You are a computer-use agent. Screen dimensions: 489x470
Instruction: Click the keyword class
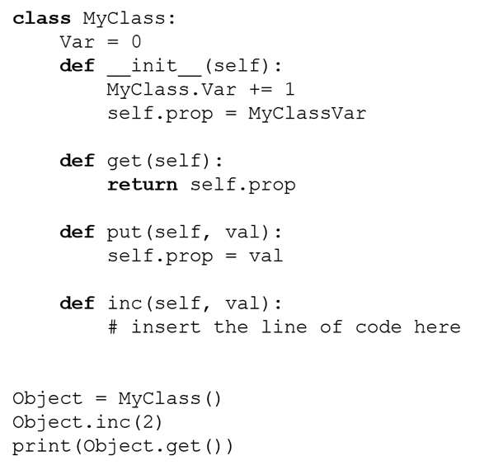[42, 18]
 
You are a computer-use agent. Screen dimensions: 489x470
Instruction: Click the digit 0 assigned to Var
[136, 42]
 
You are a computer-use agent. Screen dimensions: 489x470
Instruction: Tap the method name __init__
[155, 67]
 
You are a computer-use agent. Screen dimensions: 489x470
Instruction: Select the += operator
[261, 90]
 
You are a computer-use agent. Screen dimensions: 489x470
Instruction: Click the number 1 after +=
[289, 89]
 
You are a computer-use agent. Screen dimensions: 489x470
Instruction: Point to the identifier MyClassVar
[308, 114]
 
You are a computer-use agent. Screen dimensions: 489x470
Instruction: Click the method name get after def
[125, 162]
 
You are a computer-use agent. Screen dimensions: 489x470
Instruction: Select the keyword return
[143, 185]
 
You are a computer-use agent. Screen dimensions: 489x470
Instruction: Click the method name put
[125, 233]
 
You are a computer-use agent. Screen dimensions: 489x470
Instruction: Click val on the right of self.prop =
[266, 256]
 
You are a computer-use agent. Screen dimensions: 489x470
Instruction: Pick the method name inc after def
[125, 303]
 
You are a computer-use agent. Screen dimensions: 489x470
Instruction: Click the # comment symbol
[113, 327]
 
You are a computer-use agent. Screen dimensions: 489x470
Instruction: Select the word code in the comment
[379, 327]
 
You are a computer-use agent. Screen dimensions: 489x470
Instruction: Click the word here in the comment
[437, 327]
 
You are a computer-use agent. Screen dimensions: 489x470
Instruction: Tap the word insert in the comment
[166, 327]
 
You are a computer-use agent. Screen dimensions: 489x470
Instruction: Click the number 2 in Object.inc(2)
[148, 422]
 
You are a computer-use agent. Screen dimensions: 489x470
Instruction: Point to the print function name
[42, 447]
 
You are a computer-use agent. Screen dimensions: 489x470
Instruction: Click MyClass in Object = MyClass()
[159, 399]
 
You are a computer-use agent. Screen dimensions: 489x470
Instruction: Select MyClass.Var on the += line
[172, 90]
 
